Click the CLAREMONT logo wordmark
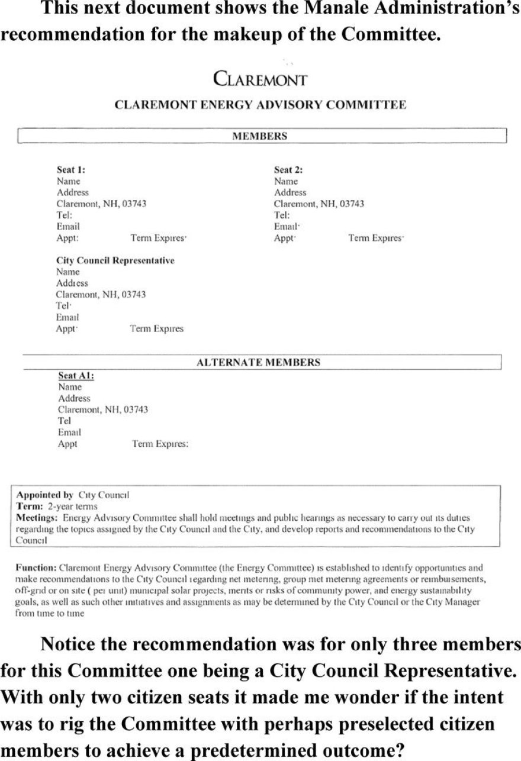[x=260, y=79]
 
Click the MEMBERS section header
[x=260, y=136]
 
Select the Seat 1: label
[x=71, y=170]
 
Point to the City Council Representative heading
[x=115, y=260]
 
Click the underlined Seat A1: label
[x=76, y=375]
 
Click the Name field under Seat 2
[x=286, y=181]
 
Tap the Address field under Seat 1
[x=72, y=192]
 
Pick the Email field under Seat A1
[x=69, y=432]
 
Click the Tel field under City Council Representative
[x=63, y=306]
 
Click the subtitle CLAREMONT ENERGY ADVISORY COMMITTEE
[x=260, y=105]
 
